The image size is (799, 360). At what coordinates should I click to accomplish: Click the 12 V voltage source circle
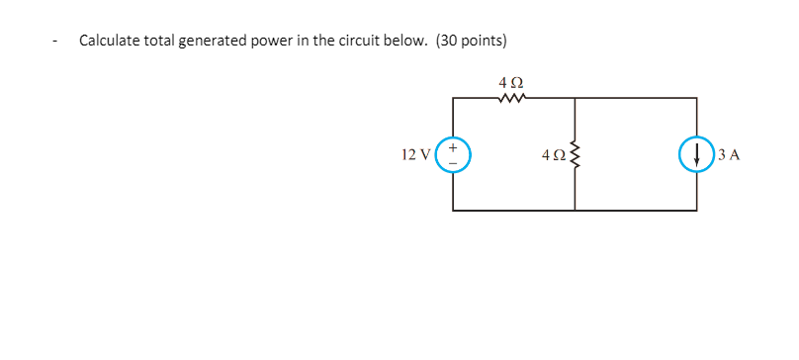[x=454, y=153]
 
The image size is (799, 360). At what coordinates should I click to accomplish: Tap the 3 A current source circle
[x=697, y=153]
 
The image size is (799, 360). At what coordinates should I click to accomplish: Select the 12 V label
[x=416, y=154]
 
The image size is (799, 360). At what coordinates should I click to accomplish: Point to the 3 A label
[x=730, y=154]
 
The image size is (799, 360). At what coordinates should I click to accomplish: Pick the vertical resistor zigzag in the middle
[x=575, y=153]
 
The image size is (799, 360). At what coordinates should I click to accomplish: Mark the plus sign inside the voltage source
[x=454, y=145]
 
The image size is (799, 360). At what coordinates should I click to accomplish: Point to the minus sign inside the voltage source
[x=454, y=163]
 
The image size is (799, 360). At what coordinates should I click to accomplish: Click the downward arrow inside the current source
[x=697, y=154]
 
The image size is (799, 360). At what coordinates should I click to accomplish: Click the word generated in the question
[x=214, y=42]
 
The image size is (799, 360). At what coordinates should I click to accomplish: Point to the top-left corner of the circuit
[x=454, y=97]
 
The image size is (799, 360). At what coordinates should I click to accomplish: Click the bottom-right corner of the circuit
[x=697, y=210]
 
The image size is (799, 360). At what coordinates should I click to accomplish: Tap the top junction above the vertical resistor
[x=575, y=97]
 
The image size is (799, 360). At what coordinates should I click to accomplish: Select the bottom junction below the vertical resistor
[x=575, y=210]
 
